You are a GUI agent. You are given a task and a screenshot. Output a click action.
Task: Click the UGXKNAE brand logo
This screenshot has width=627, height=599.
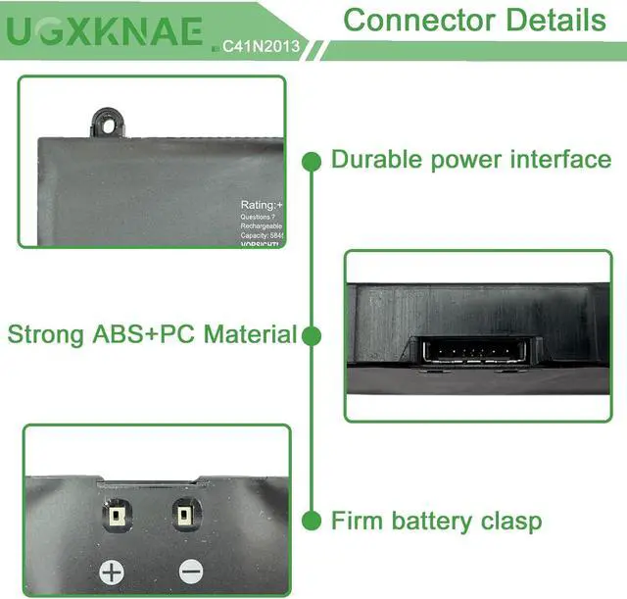[x=106, y=31]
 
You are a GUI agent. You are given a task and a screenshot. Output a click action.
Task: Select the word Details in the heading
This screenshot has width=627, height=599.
[x=554, y=19]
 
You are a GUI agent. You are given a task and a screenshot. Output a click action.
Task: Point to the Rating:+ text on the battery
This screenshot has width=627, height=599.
[x=263, y=205]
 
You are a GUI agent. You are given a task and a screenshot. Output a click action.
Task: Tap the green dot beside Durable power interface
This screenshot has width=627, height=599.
[x=313, y=160]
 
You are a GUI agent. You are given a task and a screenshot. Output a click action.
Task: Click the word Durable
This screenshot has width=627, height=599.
[x=378, y=160]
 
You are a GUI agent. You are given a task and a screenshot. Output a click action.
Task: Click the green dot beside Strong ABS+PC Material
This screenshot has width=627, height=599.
[x=313, y=336]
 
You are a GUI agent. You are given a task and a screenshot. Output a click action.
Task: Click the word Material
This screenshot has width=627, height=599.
[x=251, y=335]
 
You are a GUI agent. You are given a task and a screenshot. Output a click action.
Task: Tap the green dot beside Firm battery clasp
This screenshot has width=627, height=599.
[x=313, y=520]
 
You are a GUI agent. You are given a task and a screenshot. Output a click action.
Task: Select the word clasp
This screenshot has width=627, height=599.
[x=506, y=521]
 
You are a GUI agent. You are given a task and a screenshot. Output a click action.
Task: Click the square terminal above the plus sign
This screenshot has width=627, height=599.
[x=116, y=515]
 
